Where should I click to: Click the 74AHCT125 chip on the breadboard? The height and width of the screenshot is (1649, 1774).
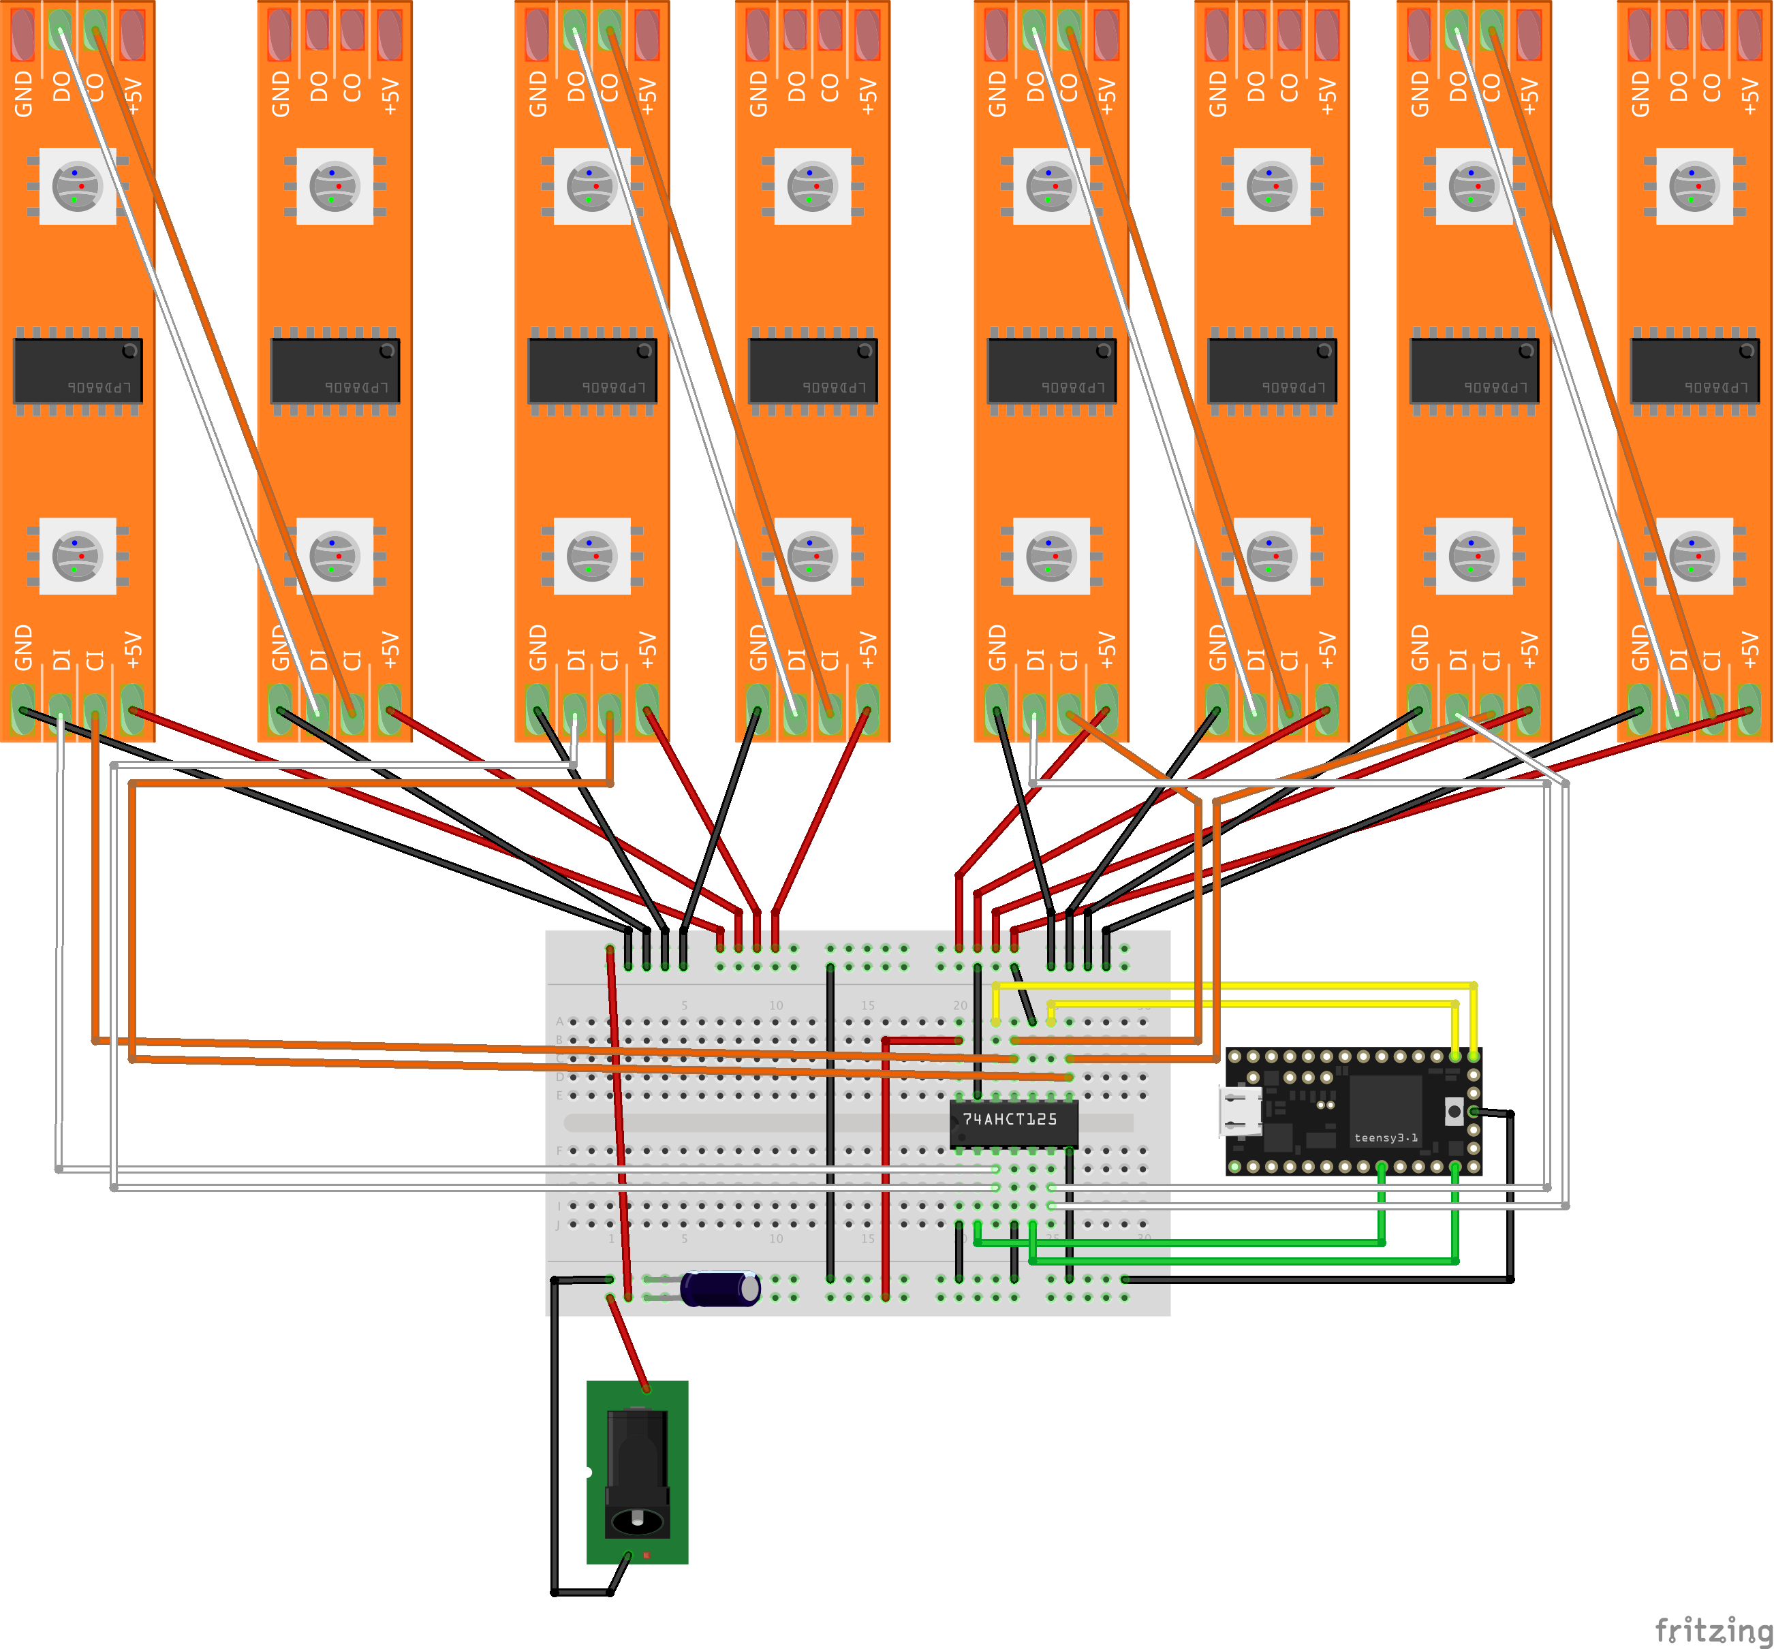1013,1123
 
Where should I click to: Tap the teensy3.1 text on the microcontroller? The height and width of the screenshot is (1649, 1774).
1385,1137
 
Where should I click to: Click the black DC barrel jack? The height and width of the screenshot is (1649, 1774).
637,1473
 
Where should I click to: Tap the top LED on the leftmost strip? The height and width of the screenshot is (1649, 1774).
78,185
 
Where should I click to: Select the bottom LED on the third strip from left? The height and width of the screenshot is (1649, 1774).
591,556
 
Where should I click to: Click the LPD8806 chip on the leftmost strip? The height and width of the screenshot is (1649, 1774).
78,369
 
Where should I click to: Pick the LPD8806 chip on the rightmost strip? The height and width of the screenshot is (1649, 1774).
1694,369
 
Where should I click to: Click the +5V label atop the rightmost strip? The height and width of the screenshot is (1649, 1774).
1750,95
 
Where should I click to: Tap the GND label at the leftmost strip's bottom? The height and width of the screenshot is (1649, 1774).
24,647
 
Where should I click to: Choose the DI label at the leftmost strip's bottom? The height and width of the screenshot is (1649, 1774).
61,659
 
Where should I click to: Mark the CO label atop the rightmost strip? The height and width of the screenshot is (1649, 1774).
1711,87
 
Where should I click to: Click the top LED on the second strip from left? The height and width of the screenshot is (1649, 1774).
334,185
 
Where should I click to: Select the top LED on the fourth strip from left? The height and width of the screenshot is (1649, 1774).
812,185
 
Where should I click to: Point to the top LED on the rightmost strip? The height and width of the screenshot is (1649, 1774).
1694,185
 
